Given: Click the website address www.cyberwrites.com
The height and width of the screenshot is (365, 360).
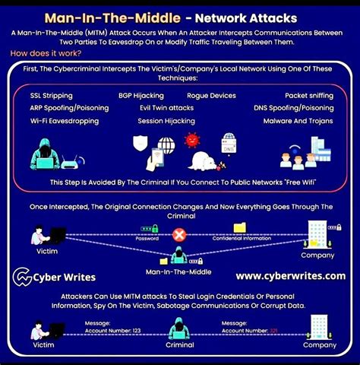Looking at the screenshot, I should [x=291, y=276].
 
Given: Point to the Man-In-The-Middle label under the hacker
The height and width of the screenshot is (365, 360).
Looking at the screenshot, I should [x=178, y=271].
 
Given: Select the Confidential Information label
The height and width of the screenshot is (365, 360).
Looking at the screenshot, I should [x=242, y=238].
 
